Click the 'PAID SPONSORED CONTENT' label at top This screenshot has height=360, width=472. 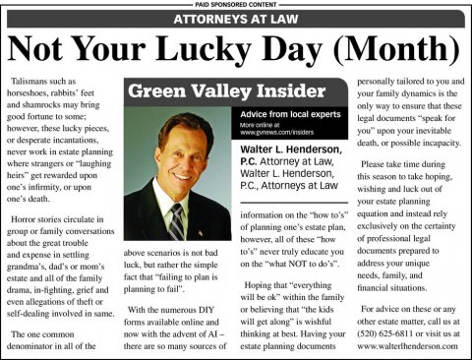(x=236, y=4)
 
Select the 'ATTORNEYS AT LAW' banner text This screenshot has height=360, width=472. (x=235, y=19)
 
